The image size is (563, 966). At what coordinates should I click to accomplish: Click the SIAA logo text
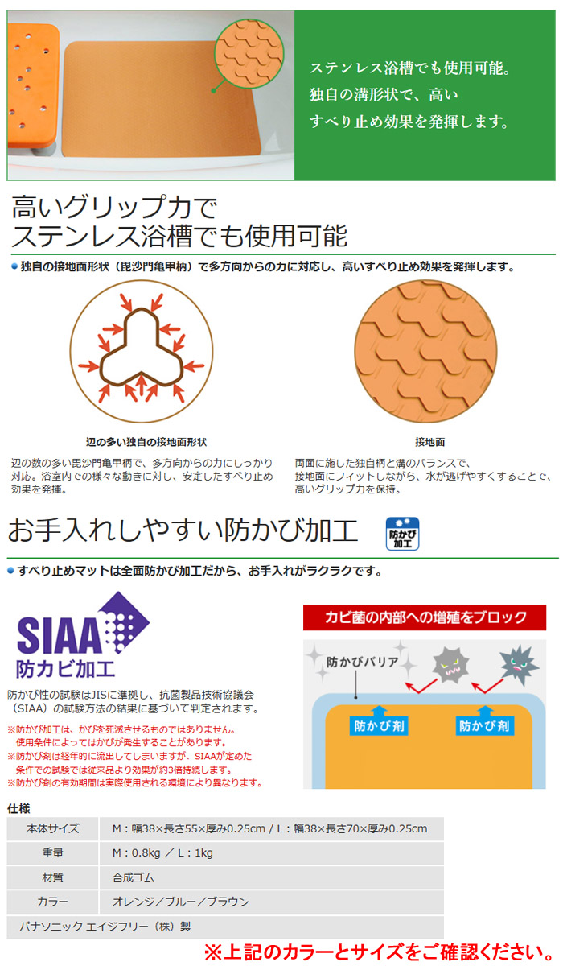coord(59,634)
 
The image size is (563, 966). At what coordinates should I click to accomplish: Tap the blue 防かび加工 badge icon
coord(402,534)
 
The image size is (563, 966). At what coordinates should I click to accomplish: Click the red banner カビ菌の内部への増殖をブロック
coord(425,617)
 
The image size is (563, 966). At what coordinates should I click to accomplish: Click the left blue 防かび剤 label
coord(379,726)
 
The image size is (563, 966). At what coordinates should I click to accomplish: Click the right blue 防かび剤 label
coord(485,726)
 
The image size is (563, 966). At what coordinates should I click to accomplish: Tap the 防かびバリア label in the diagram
coord(362,662)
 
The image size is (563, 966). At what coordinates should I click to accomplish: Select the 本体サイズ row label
coord(53,828)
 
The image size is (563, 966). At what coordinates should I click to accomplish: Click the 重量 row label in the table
coord(53,852)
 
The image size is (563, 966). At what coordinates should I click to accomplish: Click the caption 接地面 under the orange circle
coord(430,442)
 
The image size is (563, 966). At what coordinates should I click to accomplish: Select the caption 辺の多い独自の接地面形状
coord(146,442)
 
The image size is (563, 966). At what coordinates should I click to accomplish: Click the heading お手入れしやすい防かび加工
coord(183,530)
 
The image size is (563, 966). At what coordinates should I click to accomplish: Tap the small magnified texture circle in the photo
coord(249,53)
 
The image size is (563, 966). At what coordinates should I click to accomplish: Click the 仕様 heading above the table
coord(18,808)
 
